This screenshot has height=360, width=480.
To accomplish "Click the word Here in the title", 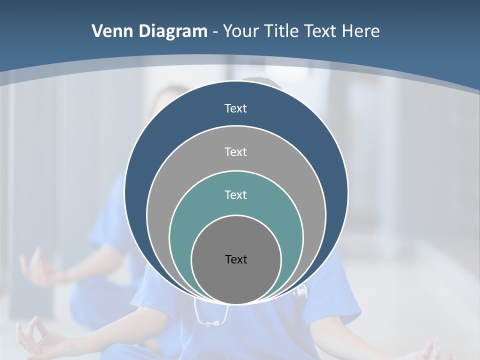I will [360, 31].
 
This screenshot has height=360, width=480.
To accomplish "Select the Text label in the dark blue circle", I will [235, 108].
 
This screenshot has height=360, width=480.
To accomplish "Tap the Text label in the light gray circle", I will [235, 151].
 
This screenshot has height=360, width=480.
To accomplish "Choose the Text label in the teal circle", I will [235, 194].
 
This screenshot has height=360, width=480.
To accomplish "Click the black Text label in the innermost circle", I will [236, 259].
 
